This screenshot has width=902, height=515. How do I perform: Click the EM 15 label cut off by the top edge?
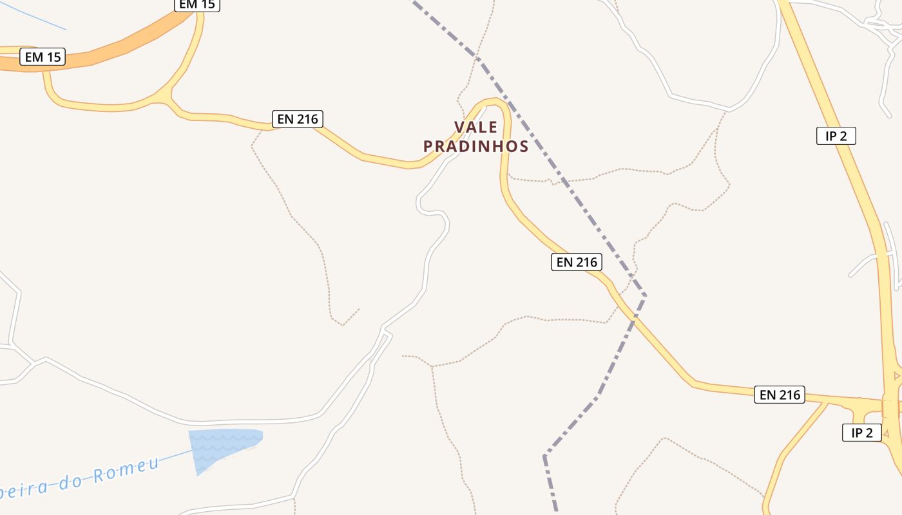pos(197,5)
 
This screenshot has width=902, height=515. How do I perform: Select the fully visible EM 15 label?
pos(43,57)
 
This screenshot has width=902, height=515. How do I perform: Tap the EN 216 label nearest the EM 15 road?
pos(297,119)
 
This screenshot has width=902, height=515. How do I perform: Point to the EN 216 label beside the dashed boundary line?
pos(577,262)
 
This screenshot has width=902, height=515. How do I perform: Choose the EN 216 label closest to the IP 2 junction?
pos(780,395)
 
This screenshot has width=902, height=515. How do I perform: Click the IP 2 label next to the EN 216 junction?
pos(861,433)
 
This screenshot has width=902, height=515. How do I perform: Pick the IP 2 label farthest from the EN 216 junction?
pos(836,136)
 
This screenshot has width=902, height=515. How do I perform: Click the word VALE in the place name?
pos(476,127)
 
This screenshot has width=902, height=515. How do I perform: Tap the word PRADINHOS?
pos(476,147)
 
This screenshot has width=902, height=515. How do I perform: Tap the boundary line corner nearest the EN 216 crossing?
pos(644,295)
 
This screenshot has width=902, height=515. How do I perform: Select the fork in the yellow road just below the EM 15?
pos(169,97)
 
